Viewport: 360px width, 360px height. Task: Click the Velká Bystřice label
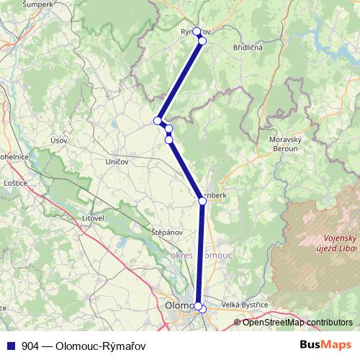pyautogui.click(x=245, y=305)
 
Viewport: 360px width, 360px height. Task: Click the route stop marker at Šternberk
pyautogui.click(x=202, y=202)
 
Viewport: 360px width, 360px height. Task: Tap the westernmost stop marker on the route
pyautogui.click(x=157, y=120)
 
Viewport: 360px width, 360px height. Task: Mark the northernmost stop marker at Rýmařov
pyautogui.click(x=197, y=32)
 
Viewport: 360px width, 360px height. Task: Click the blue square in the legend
pyautogui.click(x=10, y=346)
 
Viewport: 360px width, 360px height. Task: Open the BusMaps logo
pyautogui.click(x=325, y=345)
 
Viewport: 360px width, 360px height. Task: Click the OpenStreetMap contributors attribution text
pyautogui.click(x=297, y=322)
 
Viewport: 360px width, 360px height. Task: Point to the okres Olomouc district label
pyautogui.click(x=201, y=256)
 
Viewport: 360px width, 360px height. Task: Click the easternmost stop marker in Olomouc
pyautogui.click(x=203, y=310)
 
